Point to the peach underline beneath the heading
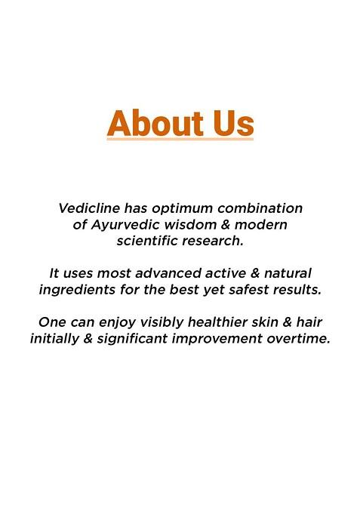coord(180,139)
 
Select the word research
coord(215,241)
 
